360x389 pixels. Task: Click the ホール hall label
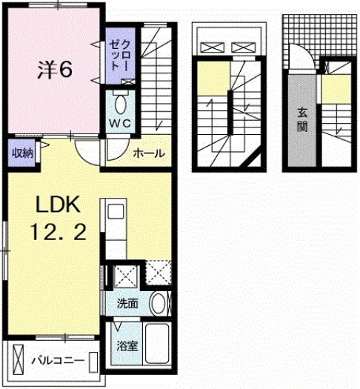click(x=148, y=153)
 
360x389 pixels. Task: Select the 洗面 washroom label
click(x=127, y=302)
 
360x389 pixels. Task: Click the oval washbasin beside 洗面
click(x=158, y=303)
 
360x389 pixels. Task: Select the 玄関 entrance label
click(x=303, y=119)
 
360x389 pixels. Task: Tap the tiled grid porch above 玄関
click(x=303, y=41)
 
